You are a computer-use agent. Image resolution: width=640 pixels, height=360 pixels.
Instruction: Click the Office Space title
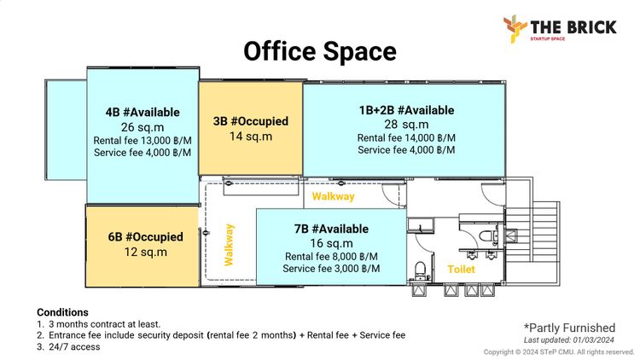[x=320, y=51]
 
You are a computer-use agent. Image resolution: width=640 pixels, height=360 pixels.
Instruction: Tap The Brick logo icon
[x=515, y=28]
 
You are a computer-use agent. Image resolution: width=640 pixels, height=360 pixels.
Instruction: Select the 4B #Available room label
[x=143, y=113]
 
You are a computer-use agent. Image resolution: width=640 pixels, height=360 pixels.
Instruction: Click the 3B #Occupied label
[x=251, y=121]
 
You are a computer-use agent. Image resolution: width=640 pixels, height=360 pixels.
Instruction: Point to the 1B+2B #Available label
[x=406, y=110]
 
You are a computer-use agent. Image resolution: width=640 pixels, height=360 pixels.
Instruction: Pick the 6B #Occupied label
[x=145, y=237]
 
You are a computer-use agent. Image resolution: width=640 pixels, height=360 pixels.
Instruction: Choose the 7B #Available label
[x=331, y=229]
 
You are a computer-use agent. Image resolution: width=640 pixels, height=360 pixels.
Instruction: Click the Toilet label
[x=461, y=270]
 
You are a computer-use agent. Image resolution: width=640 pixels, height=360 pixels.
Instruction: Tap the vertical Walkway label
[x=229, y=245]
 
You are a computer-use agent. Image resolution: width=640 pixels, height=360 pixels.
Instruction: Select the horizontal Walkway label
[x=333, y=197]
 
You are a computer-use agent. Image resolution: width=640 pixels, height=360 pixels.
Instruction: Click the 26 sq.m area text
[x=143, y=127]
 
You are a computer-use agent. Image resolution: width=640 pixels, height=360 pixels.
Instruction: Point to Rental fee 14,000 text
[x=406, y=138]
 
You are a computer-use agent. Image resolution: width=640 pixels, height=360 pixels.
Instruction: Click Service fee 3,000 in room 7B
[x=331, y=269]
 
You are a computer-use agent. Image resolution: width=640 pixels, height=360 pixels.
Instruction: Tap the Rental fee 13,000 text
[x=143, y=141]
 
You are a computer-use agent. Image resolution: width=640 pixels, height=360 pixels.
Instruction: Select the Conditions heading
[x=62, y=312]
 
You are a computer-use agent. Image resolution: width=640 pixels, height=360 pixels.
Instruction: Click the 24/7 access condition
[x=74, y=347]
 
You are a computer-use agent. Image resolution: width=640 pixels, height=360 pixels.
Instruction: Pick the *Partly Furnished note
[x=569, y=328]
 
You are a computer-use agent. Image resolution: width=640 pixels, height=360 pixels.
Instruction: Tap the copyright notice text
[x=559, y=351]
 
